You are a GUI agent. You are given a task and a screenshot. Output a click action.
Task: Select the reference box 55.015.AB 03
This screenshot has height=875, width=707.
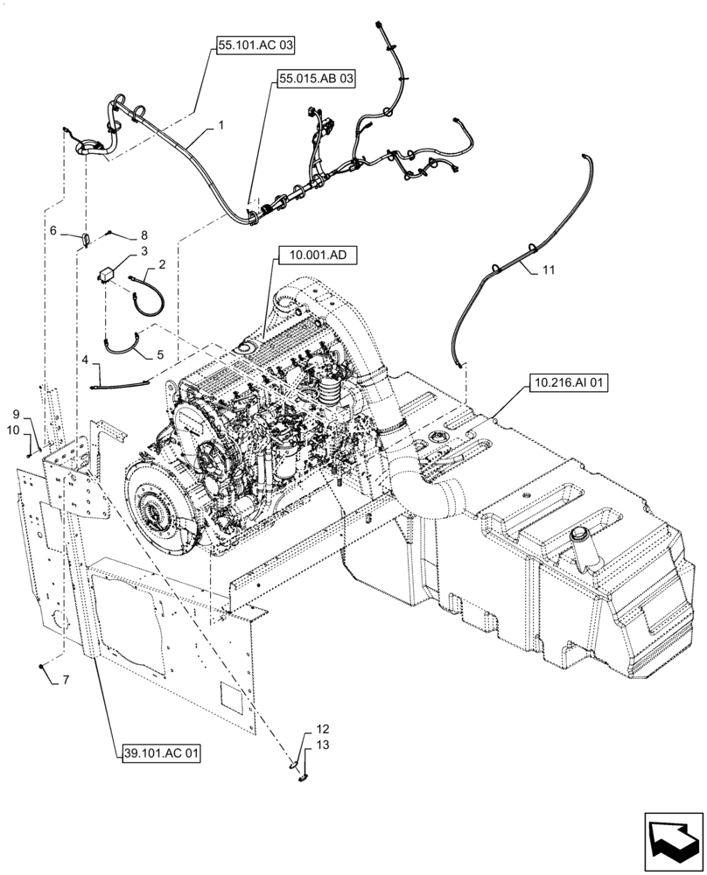[x=317, y=79]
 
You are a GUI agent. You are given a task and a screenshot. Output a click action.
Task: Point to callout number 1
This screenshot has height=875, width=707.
[x=220, y=126]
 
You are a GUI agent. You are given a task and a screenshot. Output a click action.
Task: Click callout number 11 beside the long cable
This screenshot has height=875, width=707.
[x=547, y=271]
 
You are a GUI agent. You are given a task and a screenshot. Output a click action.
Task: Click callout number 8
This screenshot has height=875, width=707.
[x=144, y=235]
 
